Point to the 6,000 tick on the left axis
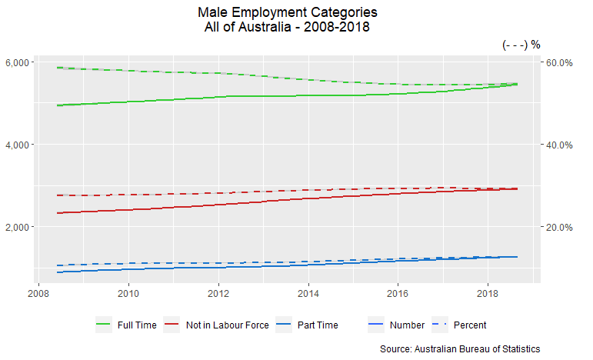(17, 62)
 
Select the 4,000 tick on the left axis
(17, 145)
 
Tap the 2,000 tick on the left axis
(17, 227)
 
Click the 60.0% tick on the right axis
(561, 62)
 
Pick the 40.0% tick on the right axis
(561, 145)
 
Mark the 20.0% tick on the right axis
(561, 227)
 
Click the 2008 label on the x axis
(38, 293)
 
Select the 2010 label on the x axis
(128, 293)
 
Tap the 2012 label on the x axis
(218, 293)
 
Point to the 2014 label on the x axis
(308, 293)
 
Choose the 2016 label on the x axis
(398, 293)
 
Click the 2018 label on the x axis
(488, 293)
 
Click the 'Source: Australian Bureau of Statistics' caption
(460, 348)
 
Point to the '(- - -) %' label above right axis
(521, 45)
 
